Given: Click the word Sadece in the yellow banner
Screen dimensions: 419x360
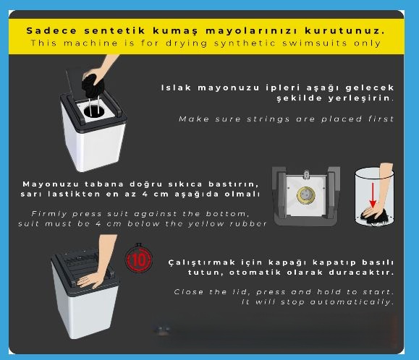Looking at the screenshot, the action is point(51,30).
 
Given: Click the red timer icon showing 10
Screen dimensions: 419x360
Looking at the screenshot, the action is point(139,259).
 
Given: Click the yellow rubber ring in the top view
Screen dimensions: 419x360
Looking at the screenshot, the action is point(306,194).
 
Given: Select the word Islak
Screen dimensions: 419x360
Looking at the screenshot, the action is point(176,87).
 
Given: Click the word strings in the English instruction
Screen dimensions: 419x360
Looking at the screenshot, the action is point(268,119).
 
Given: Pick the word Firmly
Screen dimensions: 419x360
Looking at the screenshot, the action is point(49,214).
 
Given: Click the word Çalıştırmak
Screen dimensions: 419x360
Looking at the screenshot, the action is point(201,262).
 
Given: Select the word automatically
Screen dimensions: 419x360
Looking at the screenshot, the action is point(352,302).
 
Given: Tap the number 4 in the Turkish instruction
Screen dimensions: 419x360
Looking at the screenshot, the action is point(145,194).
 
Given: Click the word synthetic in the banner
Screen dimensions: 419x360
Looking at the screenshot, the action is point(245,43).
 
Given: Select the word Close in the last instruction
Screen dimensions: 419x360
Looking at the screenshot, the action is point(189,292).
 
